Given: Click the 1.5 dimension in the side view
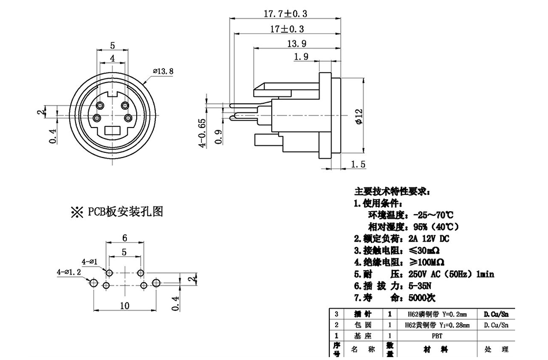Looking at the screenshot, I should tap(358, 164).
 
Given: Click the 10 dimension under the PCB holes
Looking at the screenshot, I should tap(125, 306).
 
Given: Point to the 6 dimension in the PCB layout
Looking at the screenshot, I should tap(124, 238).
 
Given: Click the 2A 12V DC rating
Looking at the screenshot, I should tap(427, 238).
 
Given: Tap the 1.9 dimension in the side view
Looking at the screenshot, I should tap(301, 57).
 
